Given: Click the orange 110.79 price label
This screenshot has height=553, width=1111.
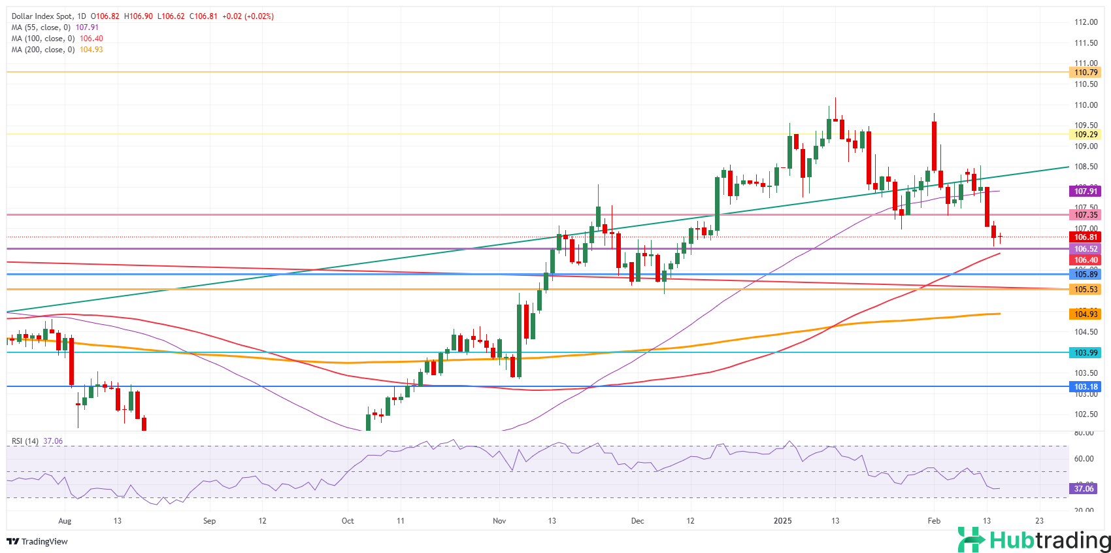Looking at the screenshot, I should click(1086, 73).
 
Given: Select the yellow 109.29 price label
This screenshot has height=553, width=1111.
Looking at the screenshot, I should click(1086, 135).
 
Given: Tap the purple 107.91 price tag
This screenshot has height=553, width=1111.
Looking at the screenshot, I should click(1086, 192).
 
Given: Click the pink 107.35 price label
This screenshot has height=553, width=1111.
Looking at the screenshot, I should click(1086, 215).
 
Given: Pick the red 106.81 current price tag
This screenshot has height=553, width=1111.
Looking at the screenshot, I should click(1086, 237).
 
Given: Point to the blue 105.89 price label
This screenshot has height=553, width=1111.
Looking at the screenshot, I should click(1086, 275).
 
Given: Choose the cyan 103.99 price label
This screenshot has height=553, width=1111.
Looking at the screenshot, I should click(1086, 353).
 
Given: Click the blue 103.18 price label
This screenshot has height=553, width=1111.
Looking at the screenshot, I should click(1086, 387).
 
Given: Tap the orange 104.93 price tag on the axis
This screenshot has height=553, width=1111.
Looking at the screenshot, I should click(1086, 314).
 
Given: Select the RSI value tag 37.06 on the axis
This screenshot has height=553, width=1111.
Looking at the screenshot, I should click(1084, 489).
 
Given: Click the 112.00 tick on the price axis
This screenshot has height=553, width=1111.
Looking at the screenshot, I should click(1086, 22).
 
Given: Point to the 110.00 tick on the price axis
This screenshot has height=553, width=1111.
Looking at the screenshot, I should click(1086, 105).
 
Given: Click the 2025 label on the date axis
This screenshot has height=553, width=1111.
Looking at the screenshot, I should click(782, 521).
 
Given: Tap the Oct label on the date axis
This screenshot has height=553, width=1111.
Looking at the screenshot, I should click(348, 521).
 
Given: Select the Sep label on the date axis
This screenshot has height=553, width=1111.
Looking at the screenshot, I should click(209, 521).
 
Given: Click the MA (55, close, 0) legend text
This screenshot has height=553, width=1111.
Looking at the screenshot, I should click(42, 27).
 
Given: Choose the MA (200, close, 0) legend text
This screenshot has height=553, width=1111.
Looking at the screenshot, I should click(43, 50).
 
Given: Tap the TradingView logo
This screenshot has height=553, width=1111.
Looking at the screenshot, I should click(37, 541).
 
